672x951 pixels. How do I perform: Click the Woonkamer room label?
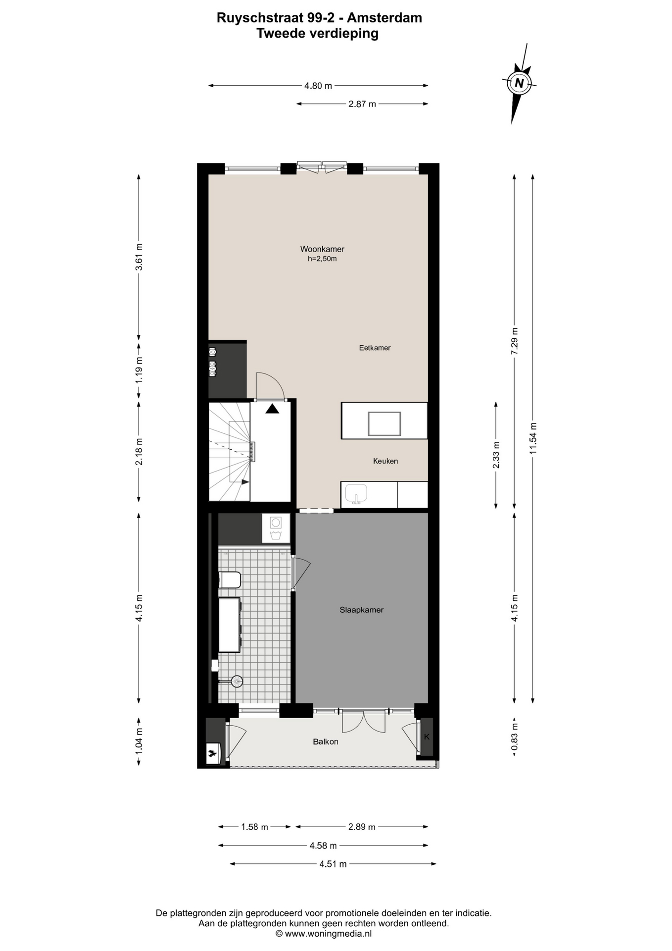pyautogui.click(x=322, y=249)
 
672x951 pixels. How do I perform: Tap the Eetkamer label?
pyautogui.click(x=375, y=348)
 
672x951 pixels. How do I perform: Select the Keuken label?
pyautogui.click(x=385, y=461)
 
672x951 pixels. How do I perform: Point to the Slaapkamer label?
pyautogui.click(x=361, y=610)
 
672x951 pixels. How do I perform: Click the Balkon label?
pyautogui.click(x=326, y=742)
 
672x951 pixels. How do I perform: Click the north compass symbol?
pyautogui.click(x=519, y=83)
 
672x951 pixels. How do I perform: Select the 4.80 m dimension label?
pyautogui.click(x=318, y=86)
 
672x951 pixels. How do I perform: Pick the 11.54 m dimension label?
pyautogui.click(x=533, y=438)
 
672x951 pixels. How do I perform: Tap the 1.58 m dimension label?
pyautogui.click(x=254, y=827)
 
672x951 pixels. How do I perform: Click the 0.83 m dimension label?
pyautogui.click(x=515, y=737)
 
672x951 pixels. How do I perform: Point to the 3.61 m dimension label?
pyautogui.click(x=139, y=257)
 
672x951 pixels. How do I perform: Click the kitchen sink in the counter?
pyautogui.click(x=356, y=494)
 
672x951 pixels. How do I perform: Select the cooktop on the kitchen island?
pyautogui.click(x=384, y=424)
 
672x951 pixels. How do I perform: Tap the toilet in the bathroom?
pyautogui.click(x=230, y=580)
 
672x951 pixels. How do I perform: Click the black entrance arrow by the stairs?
pyautogui.click(x=272, y=409)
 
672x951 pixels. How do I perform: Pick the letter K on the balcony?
pyautogui.click(x=427, y=737)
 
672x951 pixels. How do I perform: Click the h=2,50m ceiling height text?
pyautogui.click(x=322, y=259)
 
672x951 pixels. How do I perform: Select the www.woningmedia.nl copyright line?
pyautogui.click(x=324, y=934)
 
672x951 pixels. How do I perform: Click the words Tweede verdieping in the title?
pyautogui.click(x=317, y=34)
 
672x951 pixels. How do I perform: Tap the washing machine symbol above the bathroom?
pyautogui.click(x=276, y=528)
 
